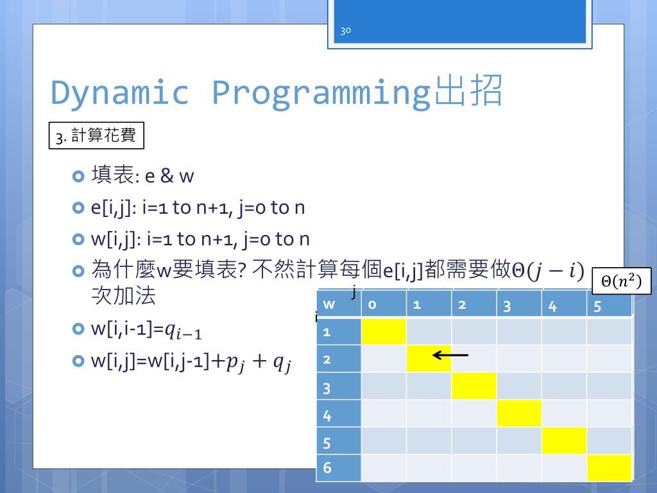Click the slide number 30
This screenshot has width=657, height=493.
pos(345,31)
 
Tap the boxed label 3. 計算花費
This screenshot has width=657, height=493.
pos(96,136)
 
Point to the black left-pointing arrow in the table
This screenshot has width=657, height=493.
pos(450,355)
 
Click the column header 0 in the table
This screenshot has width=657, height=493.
pos(373,305)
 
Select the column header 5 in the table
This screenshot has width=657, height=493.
pos(597,306)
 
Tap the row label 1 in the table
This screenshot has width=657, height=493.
pos(327,332)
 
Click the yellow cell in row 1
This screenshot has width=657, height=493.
pos(384,332)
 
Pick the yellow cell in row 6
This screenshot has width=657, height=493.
pos(610,468)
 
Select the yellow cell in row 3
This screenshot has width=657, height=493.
pos(474,386)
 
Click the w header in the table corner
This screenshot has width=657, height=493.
pos(329,305)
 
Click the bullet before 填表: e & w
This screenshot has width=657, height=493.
pos(79,176)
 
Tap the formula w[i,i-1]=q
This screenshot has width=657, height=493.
pos(147,330)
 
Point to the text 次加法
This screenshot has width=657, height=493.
pos(124,296)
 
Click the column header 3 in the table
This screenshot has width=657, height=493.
pos(507,306)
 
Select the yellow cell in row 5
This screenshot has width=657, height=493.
pos(564,440)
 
